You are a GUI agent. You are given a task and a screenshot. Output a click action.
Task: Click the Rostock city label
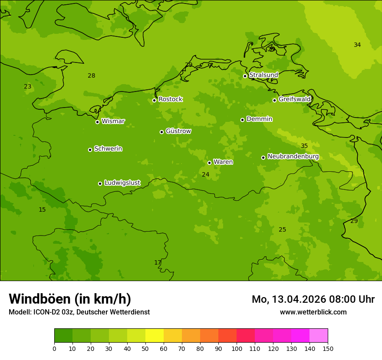(x=170, y=99)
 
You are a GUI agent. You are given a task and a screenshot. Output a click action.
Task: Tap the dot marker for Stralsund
(x=245, y=76)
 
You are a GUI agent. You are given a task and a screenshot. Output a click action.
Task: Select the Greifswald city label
(x=295, y=99)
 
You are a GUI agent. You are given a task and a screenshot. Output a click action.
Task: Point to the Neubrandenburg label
(x=293, y=157)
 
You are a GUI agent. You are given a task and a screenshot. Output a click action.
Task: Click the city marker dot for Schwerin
(x=90, y=150)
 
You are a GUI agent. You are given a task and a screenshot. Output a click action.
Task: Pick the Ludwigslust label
(x=122, y=183)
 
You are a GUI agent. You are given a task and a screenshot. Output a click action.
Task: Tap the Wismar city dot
(x=97, y=122)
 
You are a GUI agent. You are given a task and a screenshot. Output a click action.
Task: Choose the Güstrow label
(x=178, y=131)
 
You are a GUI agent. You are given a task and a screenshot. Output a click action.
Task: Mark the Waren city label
(x=223, y=162)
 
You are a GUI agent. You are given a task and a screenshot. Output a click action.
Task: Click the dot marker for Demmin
(x=242, y=120)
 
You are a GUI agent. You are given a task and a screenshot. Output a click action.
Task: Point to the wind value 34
(x=357, y=45)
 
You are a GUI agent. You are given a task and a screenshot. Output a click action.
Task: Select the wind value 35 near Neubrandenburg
(x=304, y=146)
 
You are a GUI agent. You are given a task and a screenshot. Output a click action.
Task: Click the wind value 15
(x=42, y=210)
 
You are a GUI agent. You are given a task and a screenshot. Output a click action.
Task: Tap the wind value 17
(x=158, y=263)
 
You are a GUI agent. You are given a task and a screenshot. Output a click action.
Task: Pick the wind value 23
(x=28, y=87)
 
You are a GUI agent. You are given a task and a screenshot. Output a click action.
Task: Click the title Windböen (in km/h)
(x=70, y=299)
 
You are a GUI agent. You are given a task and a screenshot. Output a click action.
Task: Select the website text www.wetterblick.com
(x=313, y=312)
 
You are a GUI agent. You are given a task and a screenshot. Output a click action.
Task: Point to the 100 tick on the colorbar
(x=237, y=348)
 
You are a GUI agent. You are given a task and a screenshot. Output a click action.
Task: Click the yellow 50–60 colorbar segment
(x=155, y=336)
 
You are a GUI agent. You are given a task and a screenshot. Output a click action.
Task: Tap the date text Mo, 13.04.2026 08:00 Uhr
(x=313, y=299)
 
